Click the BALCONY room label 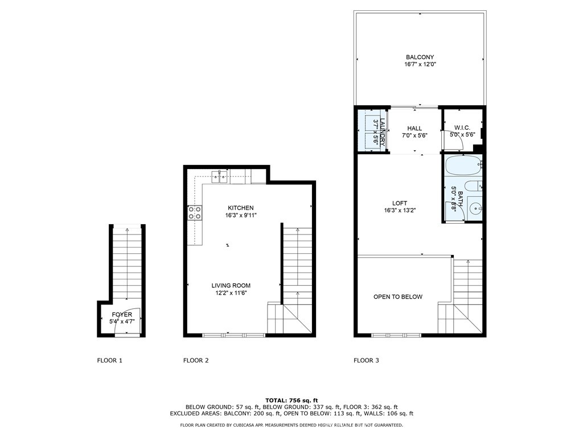(x=420, y=57)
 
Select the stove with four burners (x=195, y=213)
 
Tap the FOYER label (x=122, y=315)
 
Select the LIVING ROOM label (x=231, y=286)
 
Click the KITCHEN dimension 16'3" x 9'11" (x=241, y=215)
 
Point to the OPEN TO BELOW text (x=398, y=296)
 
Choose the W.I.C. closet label (x=462, y=127)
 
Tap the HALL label (x=414, y=129)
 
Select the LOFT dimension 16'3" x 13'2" (x=400, y=211)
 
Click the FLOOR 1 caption (x=110, y=360)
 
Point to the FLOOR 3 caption (x=366, y=360)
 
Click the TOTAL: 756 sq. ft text (x=291, y=401)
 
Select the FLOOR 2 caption (x=196, y=360)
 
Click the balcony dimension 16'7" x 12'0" (x=420, y=64)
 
